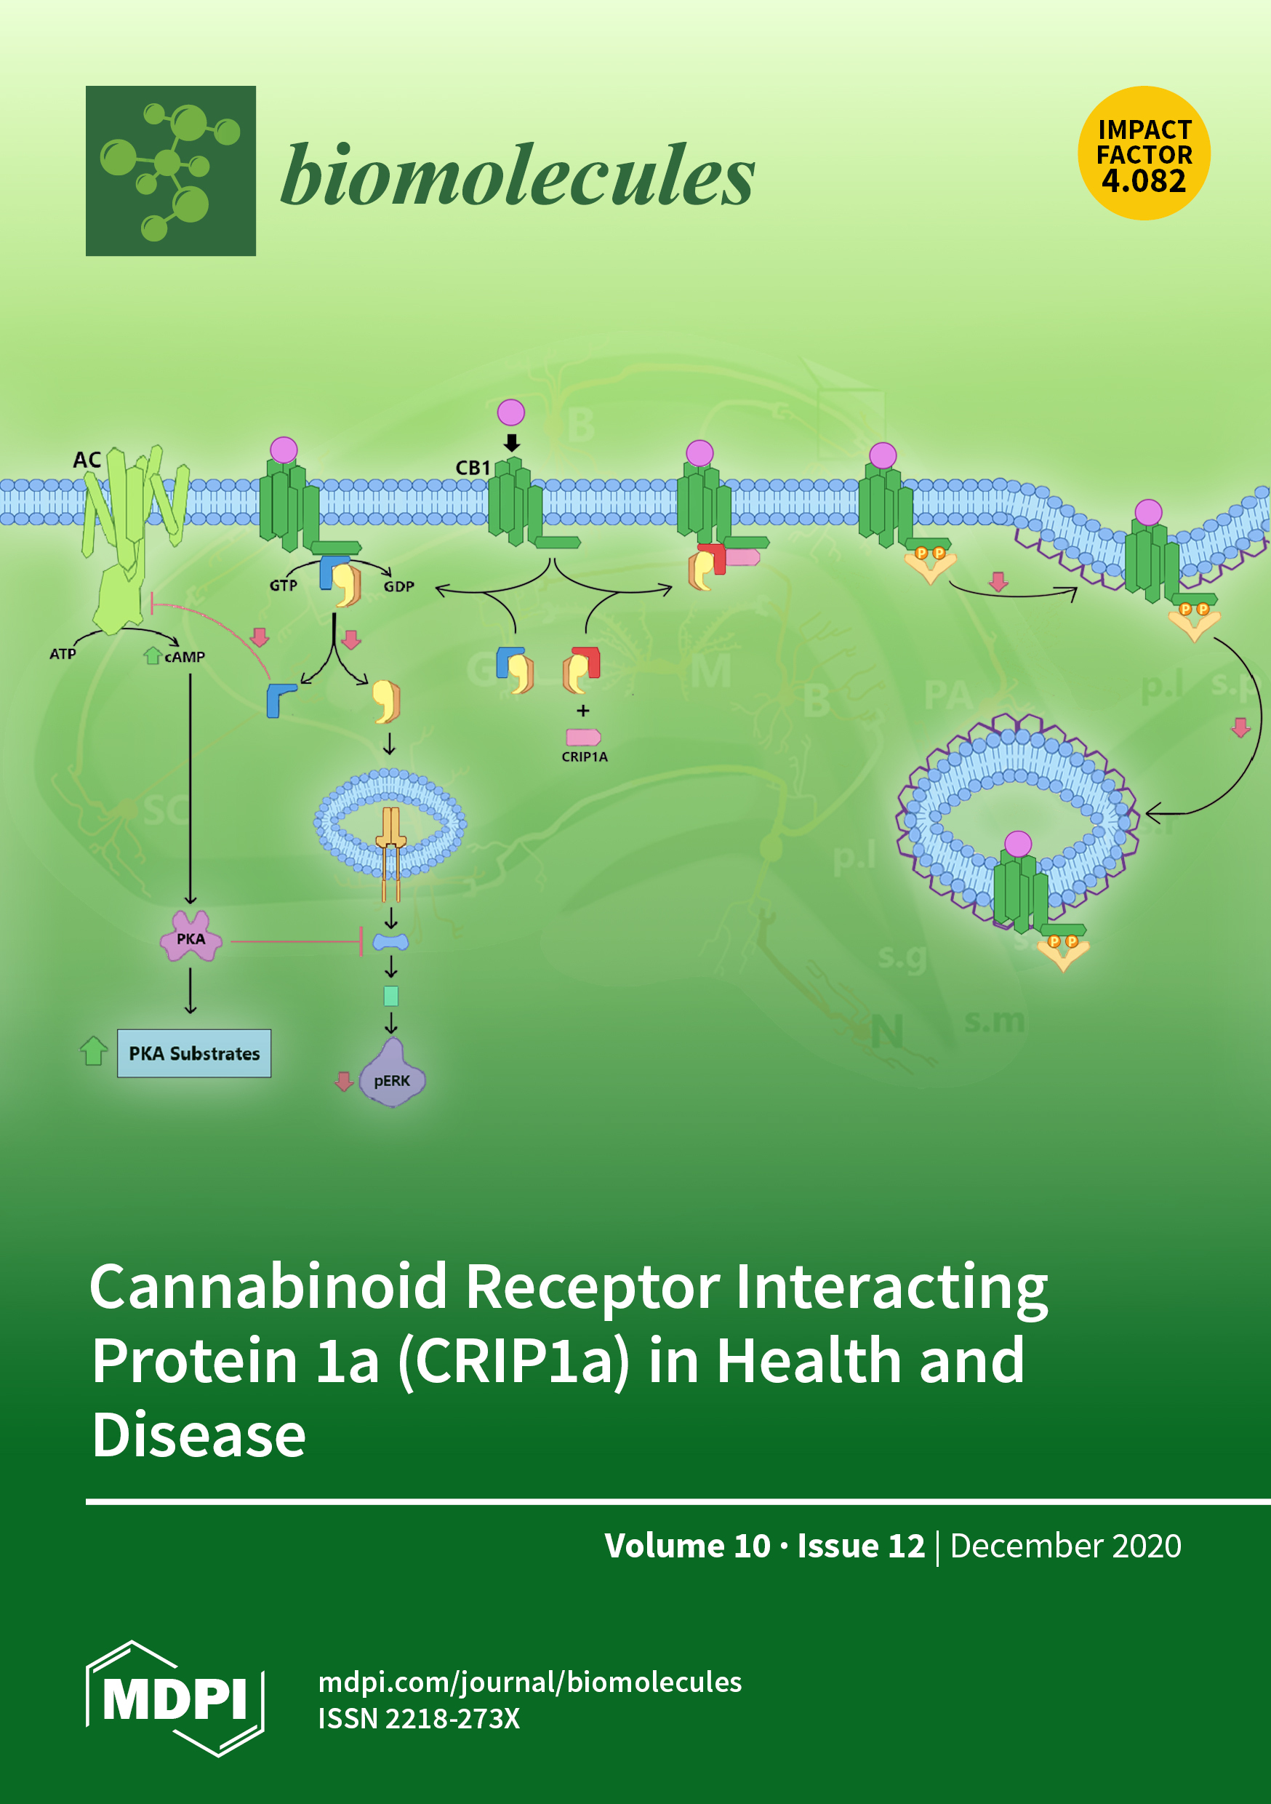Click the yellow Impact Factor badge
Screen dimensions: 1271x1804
click(x=1143, y=153)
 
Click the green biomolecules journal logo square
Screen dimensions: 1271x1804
click(x=170, y=170)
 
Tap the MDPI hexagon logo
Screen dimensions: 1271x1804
click(x=175, y=1699)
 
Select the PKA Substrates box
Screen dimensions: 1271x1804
click(x=194, y=1053)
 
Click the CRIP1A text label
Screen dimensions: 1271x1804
click(x=584, y=757)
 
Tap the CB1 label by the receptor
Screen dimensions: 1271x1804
click(x=472, y=468)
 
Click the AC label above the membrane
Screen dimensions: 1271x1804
click(x=87, y=460)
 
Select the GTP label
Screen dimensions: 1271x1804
click(x=283, y=586)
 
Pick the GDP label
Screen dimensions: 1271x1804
click(x=398, y=586)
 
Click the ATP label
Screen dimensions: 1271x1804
click(x=63, y=654)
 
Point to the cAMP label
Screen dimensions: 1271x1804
click(x=185, y=657)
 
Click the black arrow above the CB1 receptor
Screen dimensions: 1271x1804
click(x=511, y=442)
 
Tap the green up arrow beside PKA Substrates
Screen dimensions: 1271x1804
click(x=94, y=1050)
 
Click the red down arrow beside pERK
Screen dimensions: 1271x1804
click(x=343, y=1081)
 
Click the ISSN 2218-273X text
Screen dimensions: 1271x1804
click(x=419, y=1718)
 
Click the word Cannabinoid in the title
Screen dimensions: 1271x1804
click(x=268, y=1286)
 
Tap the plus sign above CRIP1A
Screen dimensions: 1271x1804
click(x=583, y=710)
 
